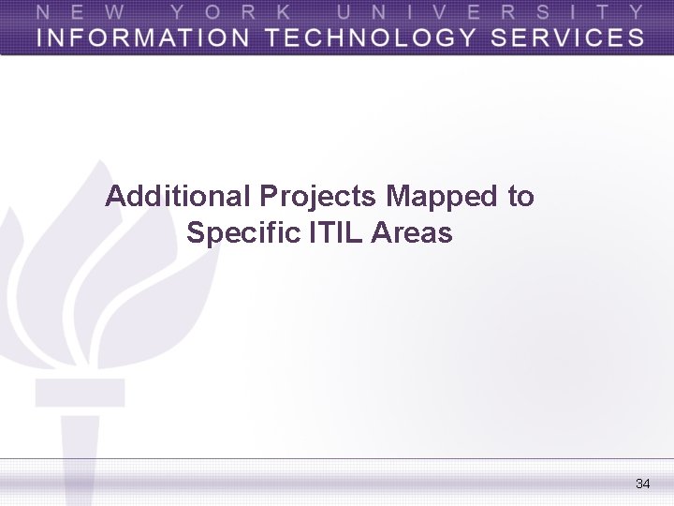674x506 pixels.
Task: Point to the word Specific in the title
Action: click(x=242, y=233)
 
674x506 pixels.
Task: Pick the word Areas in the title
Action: click(x=413, y=233)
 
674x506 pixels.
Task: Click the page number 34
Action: click(x=642, y=484)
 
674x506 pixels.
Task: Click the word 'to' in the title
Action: click(x=520, y=197)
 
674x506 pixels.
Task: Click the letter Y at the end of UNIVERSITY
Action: click(x=637, y=13)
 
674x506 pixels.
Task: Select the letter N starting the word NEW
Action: click(x=44, y=13)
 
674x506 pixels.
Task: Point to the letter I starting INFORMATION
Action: click(x=40, y=38)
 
